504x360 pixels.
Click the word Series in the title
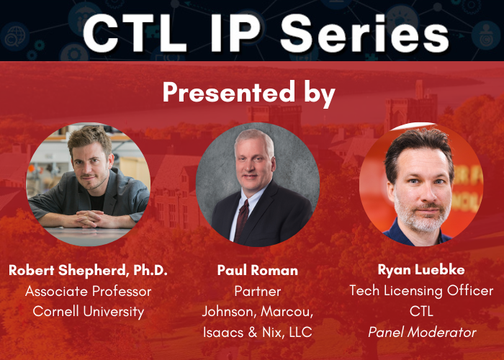click(x=364, y=33)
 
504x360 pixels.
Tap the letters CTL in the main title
click(x=135, y=33)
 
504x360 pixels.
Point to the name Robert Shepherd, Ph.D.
click(x=88, y=270)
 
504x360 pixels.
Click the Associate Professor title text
click(x=88, y=291)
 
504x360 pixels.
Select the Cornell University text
click(x=88, y=312)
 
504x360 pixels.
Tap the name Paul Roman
click(x=258, y=270)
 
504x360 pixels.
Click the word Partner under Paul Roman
click(x=258, y=291)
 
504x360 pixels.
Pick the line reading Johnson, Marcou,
click(x=258, y=312)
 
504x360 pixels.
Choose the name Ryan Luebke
click(x=421, y=270)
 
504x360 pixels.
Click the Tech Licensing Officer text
click(x=421, y=291)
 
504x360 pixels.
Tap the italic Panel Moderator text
click(x=422, y=332)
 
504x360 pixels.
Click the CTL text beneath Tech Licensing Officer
click(x=421, y=311)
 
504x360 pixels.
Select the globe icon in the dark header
click(x=14, y=37)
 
